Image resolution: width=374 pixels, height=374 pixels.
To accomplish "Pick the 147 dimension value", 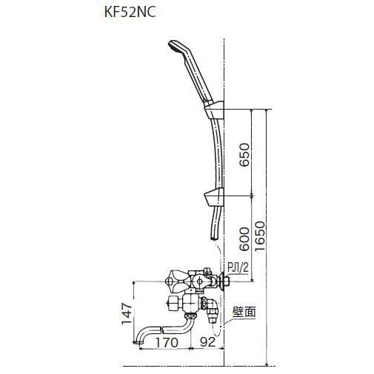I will click(125, 314).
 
